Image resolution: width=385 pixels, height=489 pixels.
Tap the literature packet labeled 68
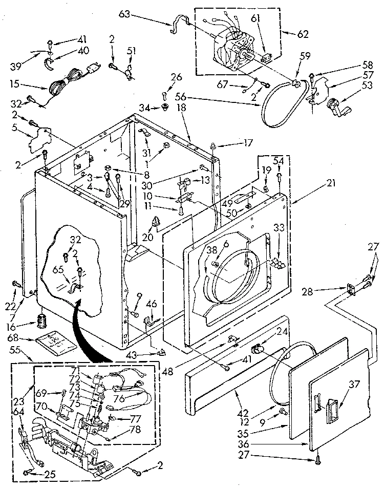pyautogui.click(x=55, y=341)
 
